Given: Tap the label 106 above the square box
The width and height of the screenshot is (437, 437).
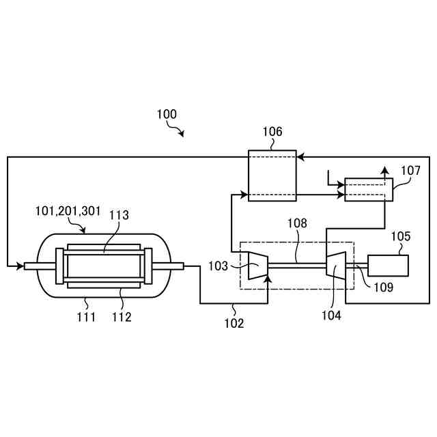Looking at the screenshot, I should (x=272, y=132).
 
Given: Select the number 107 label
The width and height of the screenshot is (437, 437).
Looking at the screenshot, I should (x=410, y=171).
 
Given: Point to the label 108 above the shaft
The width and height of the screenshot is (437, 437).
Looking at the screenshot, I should (x=297, y=223).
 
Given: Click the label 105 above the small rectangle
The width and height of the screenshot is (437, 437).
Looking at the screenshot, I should (x=401, y=236).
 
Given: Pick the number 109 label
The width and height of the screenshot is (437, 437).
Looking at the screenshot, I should (x=383, y=287).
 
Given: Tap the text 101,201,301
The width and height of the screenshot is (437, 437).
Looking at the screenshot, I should (x=69, y=211).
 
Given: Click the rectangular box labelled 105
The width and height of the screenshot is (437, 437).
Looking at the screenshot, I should (x=388, y=265).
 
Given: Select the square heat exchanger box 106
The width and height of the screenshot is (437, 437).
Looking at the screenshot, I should (x=272, y=175).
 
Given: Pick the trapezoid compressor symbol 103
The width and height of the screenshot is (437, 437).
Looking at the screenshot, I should (x=257, y=265).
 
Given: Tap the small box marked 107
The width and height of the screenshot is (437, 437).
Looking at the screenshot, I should (x=369, y=190).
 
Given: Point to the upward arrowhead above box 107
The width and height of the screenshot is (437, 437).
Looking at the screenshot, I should (x=384, y=169).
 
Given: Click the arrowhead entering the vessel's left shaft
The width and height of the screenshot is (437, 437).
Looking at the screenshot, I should (x=20, y=266).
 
